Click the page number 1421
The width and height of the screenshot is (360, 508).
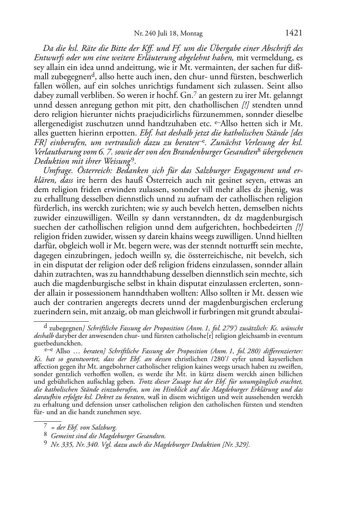(294, 33)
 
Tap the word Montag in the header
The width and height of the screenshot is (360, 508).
(191, 34)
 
